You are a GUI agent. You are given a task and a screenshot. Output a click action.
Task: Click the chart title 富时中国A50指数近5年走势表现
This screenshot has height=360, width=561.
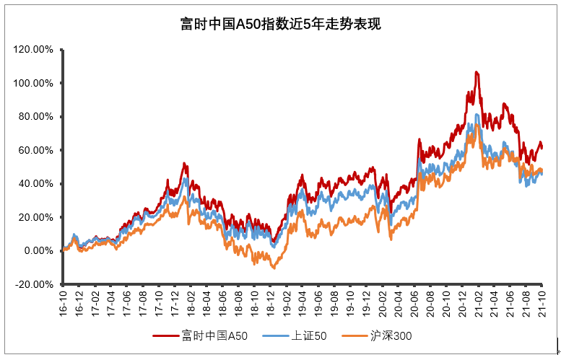click(280, 25)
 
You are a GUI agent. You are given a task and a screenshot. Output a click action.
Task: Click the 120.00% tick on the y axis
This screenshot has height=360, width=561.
click(33, 50)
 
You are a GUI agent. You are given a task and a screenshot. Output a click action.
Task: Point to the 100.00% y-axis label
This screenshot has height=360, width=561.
click(33, 83)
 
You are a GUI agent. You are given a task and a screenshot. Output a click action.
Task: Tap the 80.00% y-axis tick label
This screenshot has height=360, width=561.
click(35, 117)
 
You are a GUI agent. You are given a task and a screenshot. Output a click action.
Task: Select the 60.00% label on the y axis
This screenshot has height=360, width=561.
click(35, 150)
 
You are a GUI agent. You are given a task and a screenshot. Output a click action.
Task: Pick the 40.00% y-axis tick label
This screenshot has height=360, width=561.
click(35, 184)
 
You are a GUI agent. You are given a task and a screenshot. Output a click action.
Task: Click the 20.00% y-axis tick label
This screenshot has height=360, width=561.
click(35, 217)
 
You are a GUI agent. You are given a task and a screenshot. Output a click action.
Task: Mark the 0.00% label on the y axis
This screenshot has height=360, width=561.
click(38, 251)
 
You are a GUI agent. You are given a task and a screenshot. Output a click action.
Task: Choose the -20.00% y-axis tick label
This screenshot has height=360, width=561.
click(34, 284)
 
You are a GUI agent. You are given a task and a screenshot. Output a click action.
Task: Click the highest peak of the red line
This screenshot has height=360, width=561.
click(477, 72)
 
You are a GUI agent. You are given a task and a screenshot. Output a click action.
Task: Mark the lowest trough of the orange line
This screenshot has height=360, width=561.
click(273, 268)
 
